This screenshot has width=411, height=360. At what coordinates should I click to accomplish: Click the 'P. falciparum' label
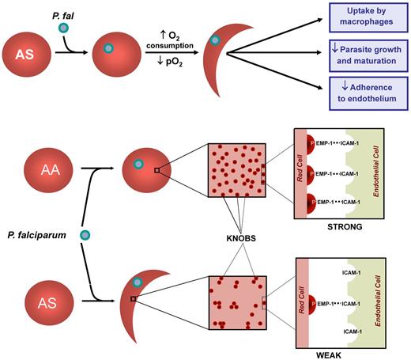point(37,234)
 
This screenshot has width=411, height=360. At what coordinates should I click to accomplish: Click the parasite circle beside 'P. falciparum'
point(85,234)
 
